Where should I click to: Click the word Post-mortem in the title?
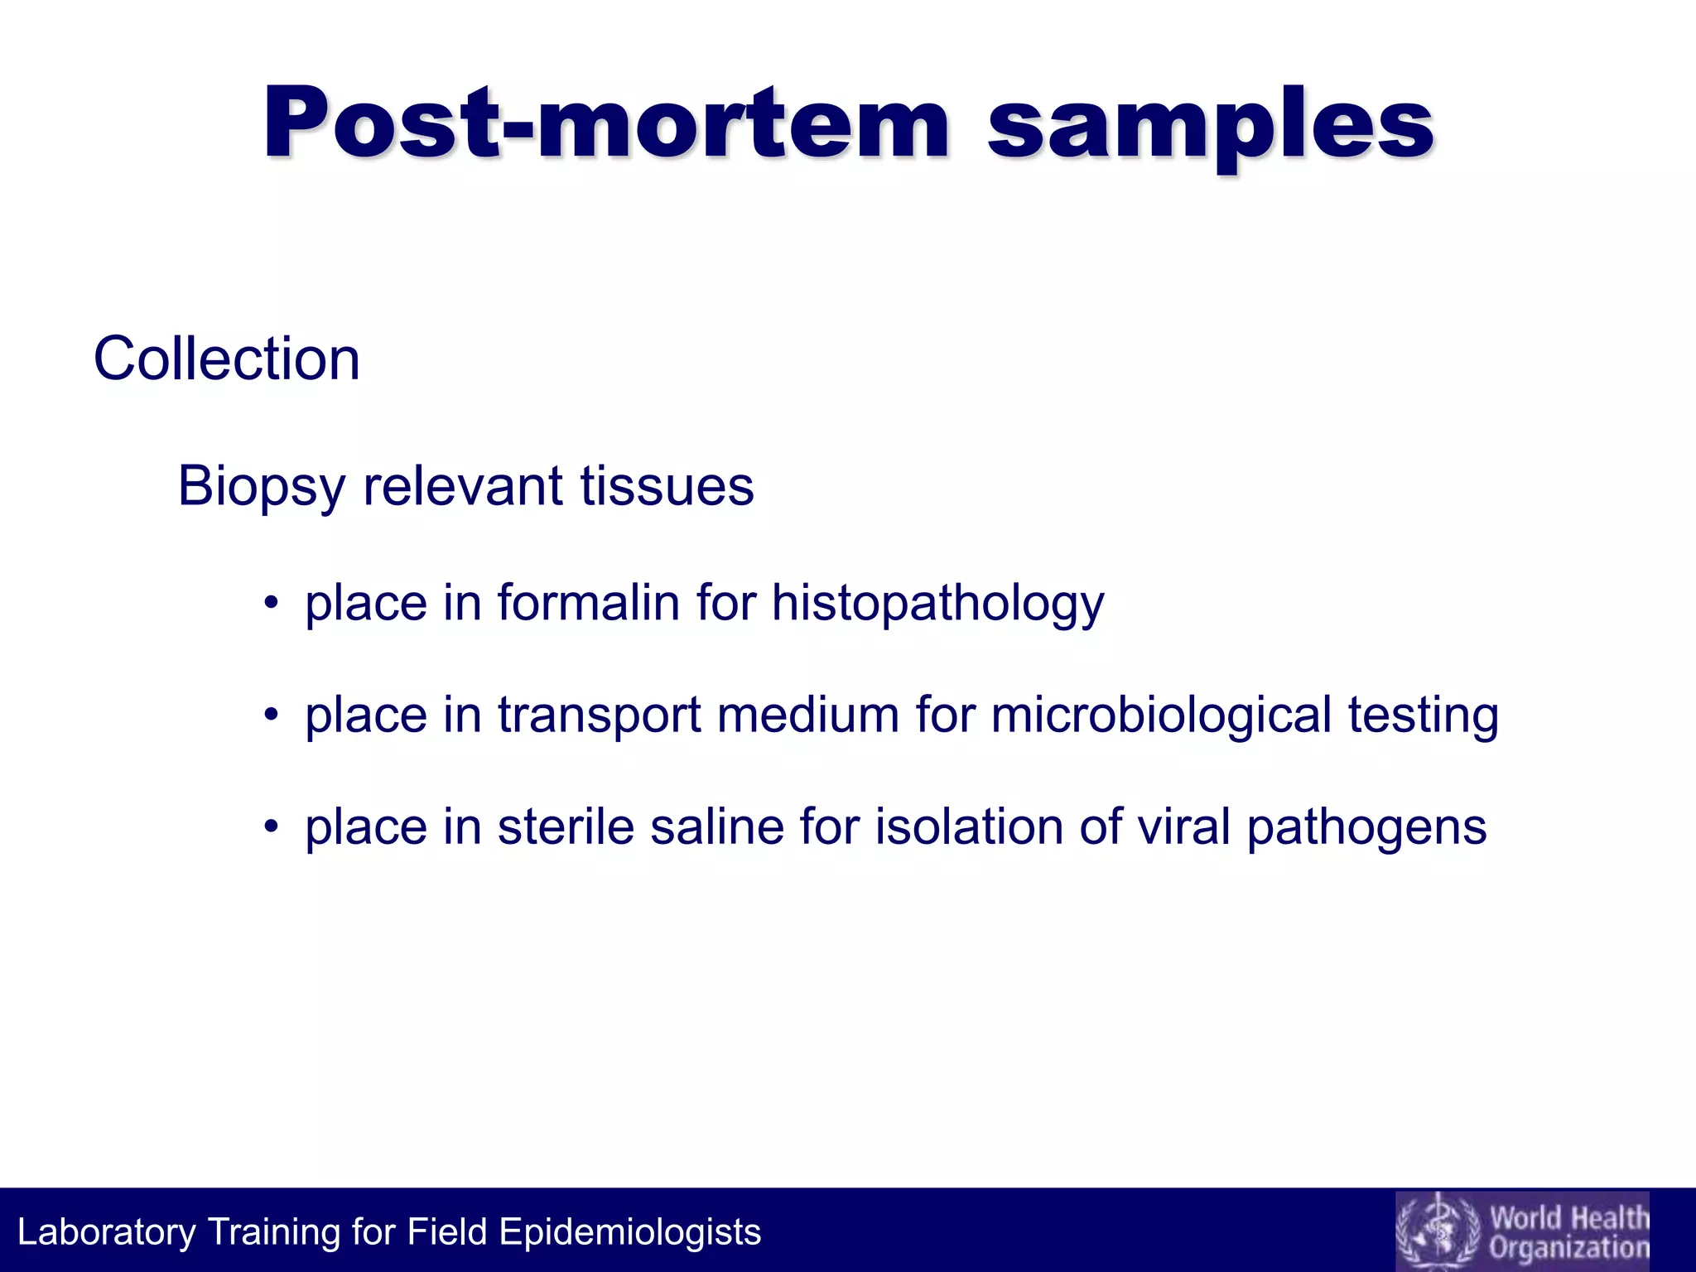point(606,124)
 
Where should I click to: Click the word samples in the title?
point(1211,128)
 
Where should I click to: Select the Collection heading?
point(226,359)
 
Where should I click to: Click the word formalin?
point(588,602)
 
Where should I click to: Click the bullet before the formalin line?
point(270,603)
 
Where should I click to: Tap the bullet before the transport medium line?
point(270,715)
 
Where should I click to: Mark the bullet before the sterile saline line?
point(270,826)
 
